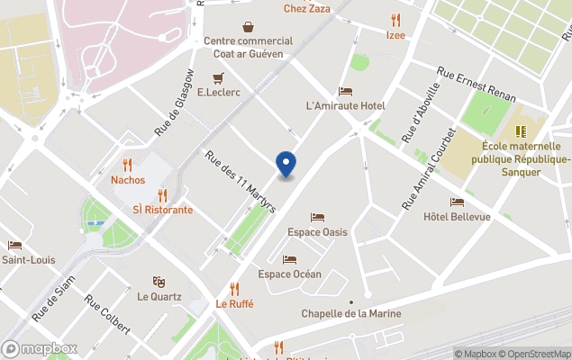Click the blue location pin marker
286,164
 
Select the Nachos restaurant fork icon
128,165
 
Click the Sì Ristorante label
162,210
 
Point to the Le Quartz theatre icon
159,282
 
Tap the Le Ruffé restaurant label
234,304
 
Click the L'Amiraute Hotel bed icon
345,91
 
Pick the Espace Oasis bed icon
316,217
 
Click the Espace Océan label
289,274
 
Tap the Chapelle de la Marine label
350,313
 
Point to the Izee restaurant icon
395,21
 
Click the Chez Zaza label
306,9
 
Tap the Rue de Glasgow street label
175,102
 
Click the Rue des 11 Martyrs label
241,181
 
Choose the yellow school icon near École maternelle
520,131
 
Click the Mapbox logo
40,348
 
